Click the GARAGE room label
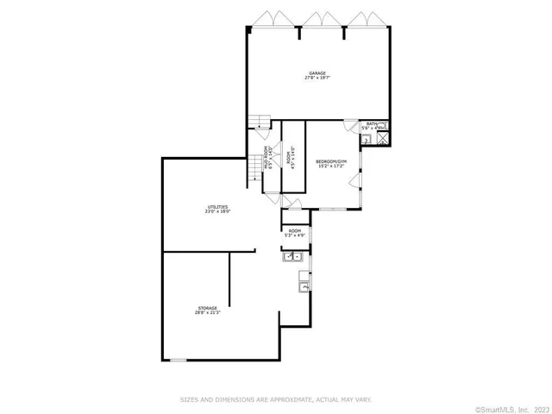[317, 72]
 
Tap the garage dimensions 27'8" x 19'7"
[317, 78]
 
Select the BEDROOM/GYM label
[330, 161]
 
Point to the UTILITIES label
[217, 207]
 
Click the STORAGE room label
[206, 308]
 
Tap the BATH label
[372, 124]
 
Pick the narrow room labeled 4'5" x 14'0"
[290, 161]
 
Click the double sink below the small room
[292, 256]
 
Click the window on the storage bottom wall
[177, 360]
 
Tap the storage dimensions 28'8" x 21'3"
[206, 313]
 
